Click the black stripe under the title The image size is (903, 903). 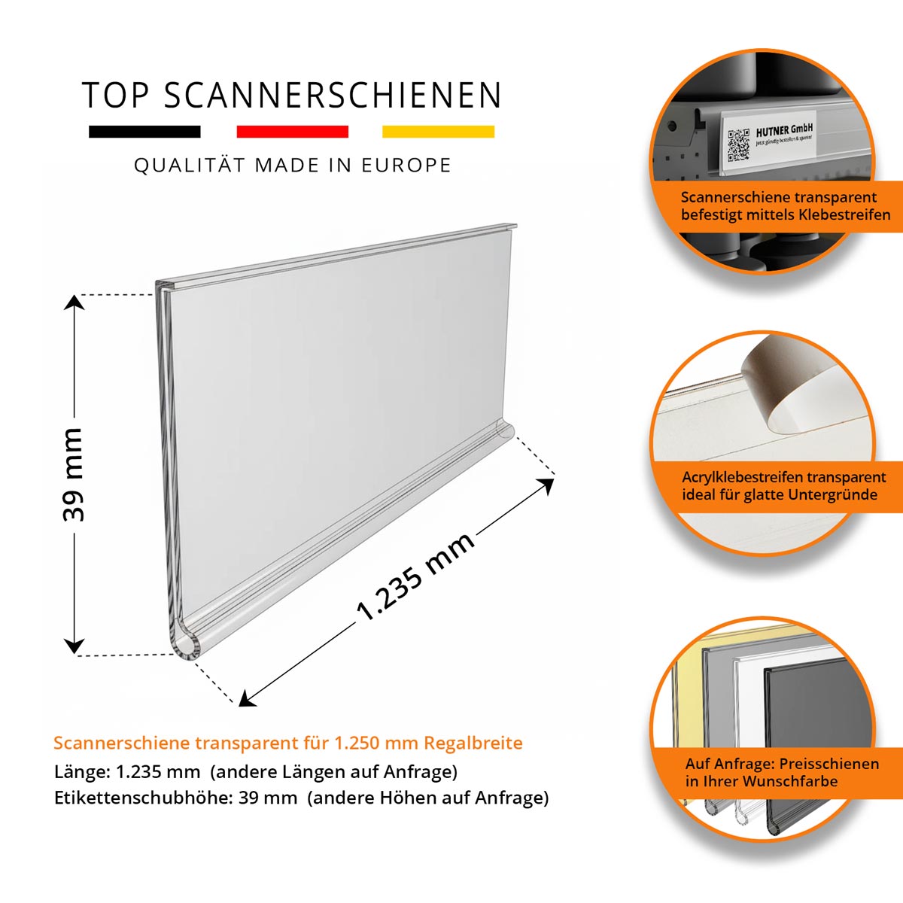(144, 132)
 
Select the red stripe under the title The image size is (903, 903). (292, 132)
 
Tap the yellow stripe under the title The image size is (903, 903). (438, 132)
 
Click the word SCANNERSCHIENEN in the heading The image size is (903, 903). (333, 96)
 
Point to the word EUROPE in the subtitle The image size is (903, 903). (406, 166)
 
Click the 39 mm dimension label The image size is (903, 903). (73, 474)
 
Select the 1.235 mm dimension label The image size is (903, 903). (415, 576)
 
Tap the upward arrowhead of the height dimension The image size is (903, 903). (74, 303)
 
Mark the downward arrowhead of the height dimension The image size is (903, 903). (74, 646)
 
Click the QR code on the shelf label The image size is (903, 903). (738, 144)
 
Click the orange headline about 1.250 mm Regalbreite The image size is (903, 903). (287, 743)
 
